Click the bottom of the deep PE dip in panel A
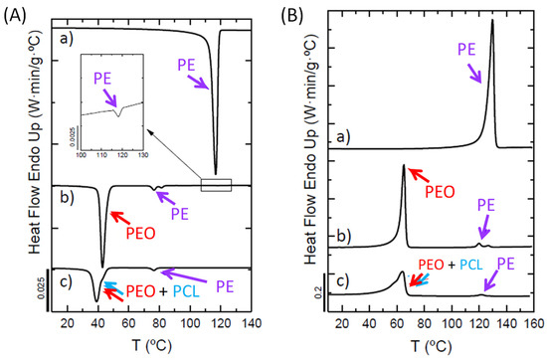click(216, 173)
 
